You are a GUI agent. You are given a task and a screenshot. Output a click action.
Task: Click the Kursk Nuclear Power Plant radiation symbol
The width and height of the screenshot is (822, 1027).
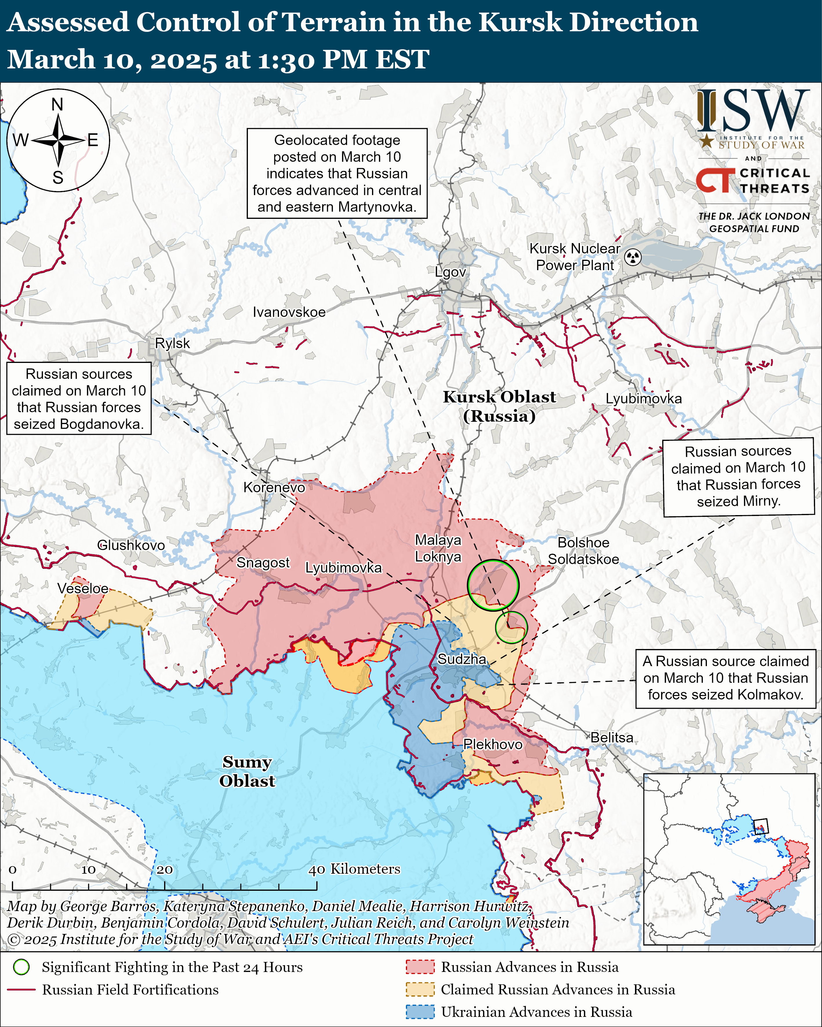[633, 257]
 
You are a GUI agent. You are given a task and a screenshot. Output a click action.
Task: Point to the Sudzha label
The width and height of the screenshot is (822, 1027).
[462, 659]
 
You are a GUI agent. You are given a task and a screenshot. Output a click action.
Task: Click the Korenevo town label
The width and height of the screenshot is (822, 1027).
[274, 487]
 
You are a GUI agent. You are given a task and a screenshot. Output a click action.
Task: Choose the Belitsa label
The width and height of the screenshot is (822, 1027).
[612, 738]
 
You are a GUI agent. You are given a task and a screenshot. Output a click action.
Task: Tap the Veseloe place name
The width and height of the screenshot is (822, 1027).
[83, 588]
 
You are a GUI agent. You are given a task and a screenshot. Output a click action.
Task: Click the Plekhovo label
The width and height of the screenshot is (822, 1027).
[493, 744]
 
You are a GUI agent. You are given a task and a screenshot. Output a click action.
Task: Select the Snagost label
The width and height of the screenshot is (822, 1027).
[263, 563]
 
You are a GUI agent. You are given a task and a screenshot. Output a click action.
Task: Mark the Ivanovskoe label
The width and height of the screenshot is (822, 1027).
[289, 312]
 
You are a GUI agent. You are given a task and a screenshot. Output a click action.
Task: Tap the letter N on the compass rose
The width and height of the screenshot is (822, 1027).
[57, 104]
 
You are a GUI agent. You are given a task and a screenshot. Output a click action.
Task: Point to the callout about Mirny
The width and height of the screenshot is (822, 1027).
[738, 476]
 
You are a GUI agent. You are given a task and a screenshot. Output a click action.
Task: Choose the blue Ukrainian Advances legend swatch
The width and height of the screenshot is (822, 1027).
[420, 1012]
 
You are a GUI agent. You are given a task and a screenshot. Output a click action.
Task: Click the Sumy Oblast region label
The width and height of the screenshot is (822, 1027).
[247, 771]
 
